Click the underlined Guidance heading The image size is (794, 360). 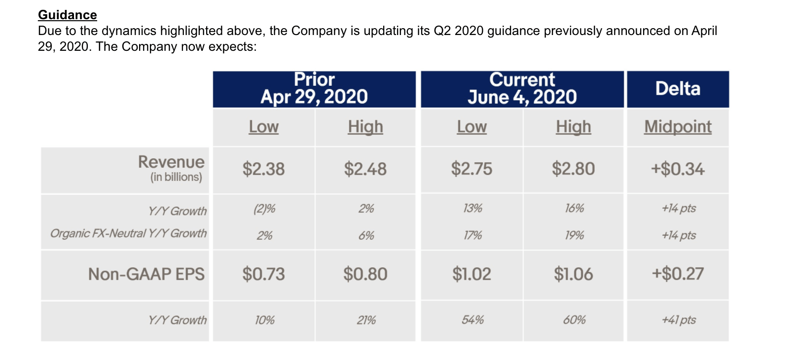coord(68,15)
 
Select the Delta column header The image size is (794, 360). coord(678,89)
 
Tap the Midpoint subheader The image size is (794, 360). coord(678,127)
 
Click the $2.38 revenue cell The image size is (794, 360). coord(263,169)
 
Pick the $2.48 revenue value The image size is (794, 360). coord(365,169)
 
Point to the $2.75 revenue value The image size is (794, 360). coord(471,169)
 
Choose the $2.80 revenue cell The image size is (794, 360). coord(573,169)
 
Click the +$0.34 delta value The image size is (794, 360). coord(678,169)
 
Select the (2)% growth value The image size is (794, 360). coord(264,209)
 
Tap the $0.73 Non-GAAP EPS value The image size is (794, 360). coord(263,274)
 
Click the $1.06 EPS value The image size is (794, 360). coord(573,274)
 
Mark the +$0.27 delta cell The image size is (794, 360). coord(678,274)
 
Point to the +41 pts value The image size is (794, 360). coord(679,320)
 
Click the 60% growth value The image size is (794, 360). coord(574,320)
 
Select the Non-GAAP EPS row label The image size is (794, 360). coord(146,274)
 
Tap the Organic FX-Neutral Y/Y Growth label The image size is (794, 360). coord(128,233)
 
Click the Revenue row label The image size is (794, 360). coord(171,162)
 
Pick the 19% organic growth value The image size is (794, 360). coord(574,235)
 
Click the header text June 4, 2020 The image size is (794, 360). coord(522,97)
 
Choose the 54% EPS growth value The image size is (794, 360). coord(472,320)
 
